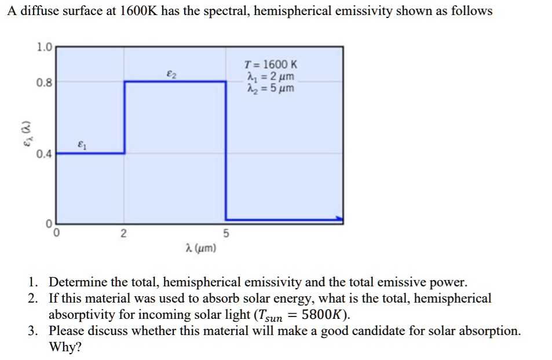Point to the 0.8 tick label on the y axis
pyautogui.click(x=44, y=82)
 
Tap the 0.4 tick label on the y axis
pyautogui.click(x=44, y=155)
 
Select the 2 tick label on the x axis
pyautogui.click(x=123, y=234)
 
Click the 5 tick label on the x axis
pyautogui.click(x=226, y=234)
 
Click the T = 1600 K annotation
pyautogui.click(x=270, y=66)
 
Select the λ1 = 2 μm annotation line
pyautogui.click(x=270, y=77)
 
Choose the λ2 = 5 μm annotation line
pyautogui.click(x=270, y=89)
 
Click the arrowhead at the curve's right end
pyautogui.click(x=339, y=220)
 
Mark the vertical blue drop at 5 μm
pyautogui.click(x=226, y=151)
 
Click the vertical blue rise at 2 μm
pyautogui.click(x=124, y=117)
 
